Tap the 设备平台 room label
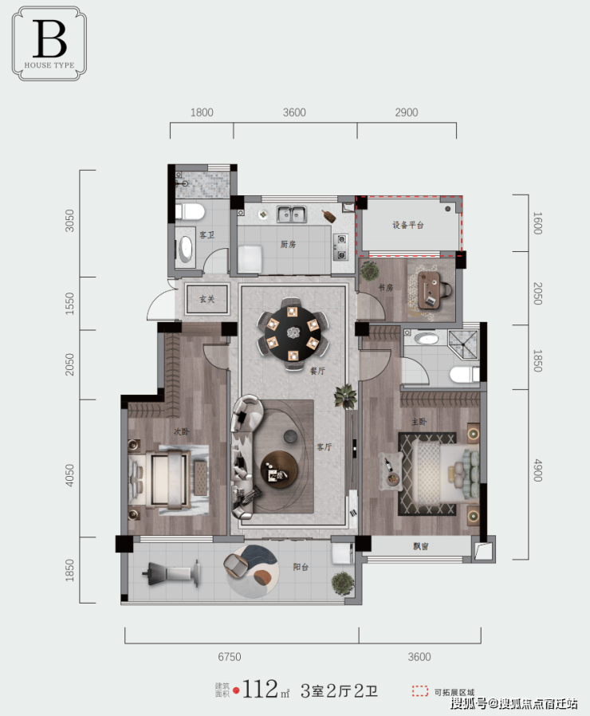point(407,225)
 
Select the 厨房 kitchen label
point(288,244)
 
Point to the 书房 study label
point(385,287)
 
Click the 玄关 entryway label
point(206,299)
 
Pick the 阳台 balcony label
point(301,567)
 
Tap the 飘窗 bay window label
point(421,545)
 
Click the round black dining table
point(293,333)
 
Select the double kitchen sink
point(291,214)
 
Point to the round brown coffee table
point(279,470)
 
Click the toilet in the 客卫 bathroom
point(190,211)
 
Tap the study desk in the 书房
point(430,290)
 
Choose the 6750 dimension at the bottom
point(230,657)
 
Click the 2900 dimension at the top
point(407,112)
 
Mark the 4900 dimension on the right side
point(538,470)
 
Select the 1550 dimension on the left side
point(69,303)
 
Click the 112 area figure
point(260,690)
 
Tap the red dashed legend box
point(420,691)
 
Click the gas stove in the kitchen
point(341,246)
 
